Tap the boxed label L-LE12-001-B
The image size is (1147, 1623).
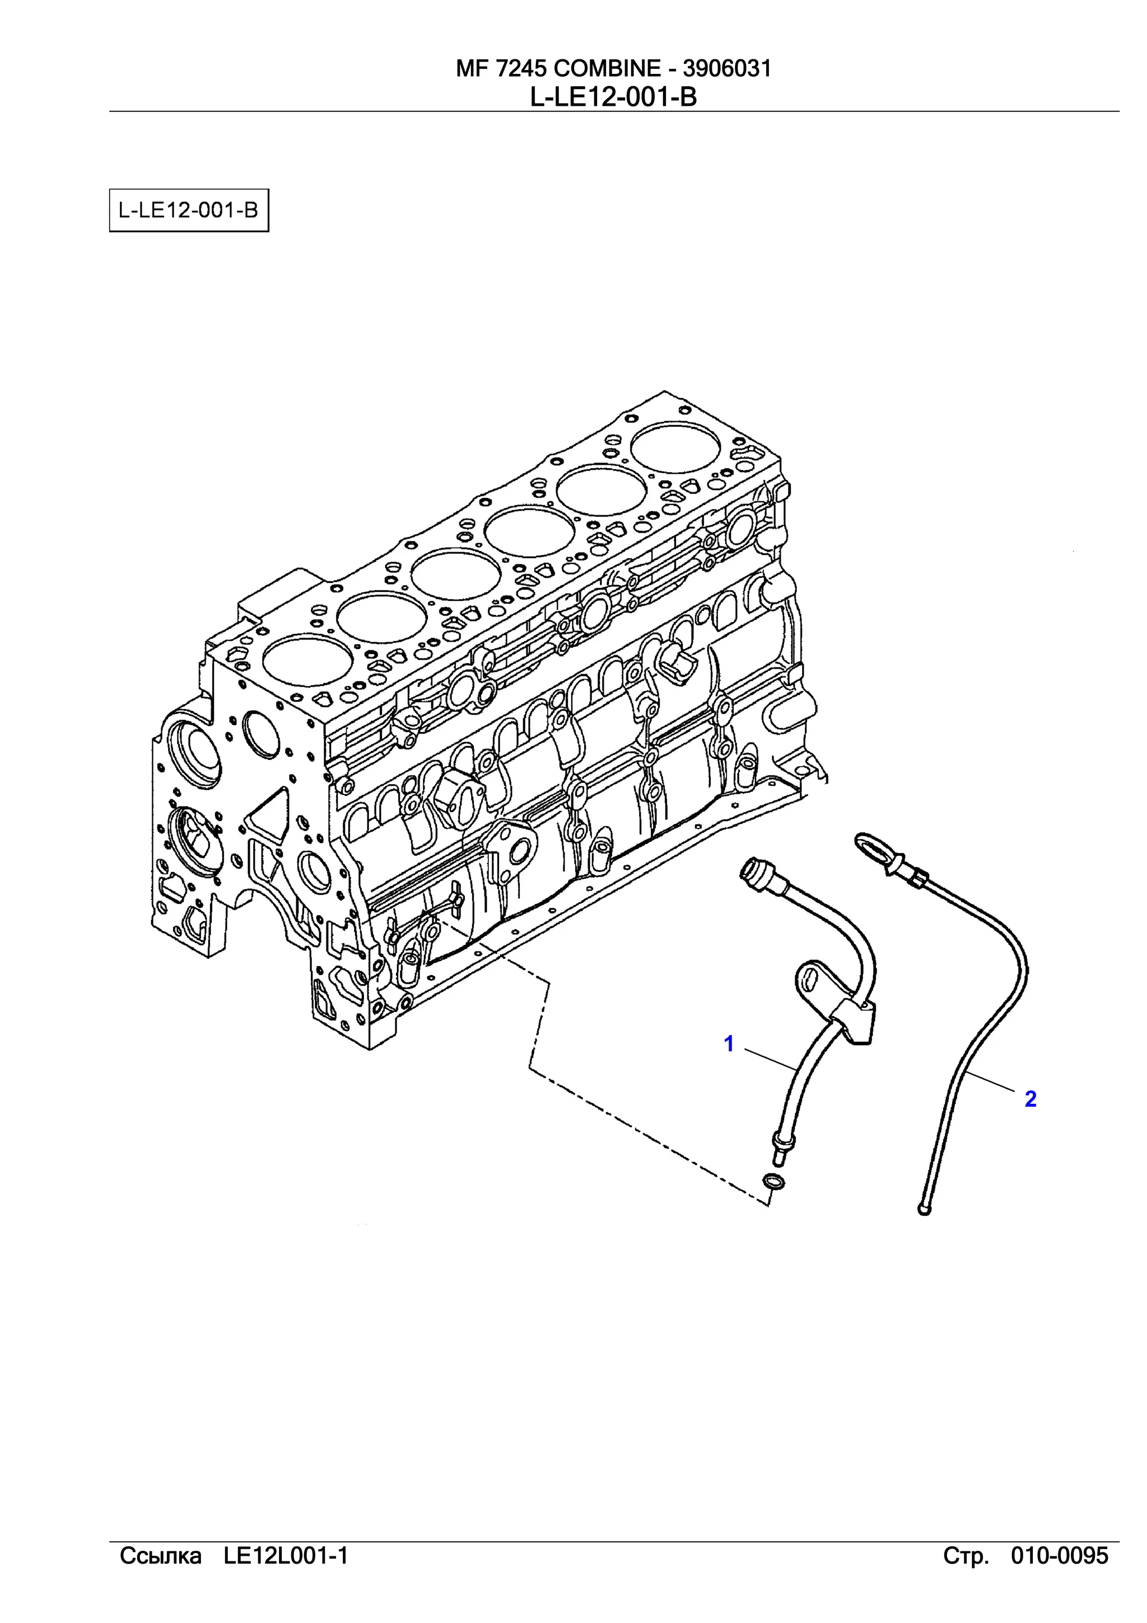(x=189, y=210)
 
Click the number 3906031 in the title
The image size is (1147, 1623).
(x=726, y=68)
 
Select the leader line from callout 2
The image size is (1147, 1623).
(x=990, y=1083)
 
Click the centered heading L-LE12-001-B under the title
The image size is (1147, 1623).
(x=613, y=97)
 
